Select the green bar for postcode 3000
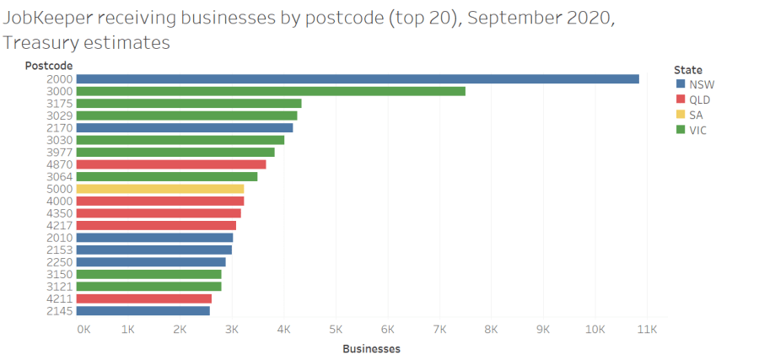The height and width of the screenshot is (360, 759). coord(270,91)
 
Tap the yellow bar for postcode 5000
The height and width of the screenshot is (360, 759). coord(159,189)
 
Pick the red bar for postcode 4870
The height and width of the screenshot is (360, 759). coord(170,164)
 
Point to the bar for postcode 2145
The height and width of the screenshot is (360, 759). coord(143,311)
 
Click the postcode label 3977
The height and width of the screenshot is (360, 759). coord(60,153)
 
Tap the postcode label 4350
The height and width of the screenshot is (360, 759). coord(60,213)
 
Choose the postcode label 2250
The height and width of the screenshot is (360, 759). coord(60,262)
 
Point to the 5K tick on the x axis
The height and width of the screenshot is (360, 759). coord(336,330)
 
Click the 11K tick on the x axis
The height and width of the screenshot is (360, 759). coord(647,330)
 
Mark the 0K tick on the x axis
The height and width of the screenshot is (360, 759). coord(83,330)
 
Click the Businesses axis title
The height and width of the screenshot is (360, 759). coord(371,348)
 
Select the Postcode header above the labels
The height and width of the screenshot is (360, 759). coord(48,66)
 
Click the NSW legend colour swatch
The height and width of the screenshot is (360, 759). coord(680,84)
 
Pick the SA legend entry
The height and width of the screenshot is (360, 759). coord(696,115)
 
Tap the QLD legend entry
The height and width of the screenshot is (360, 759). coord(699,99)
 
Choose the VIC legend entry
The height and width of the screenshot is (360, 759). coord(697,130)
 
